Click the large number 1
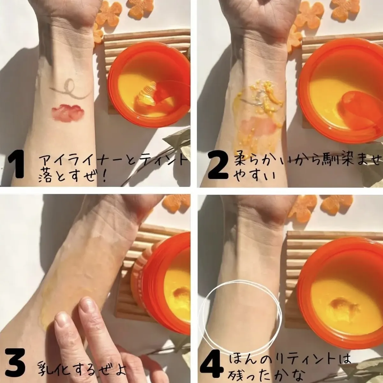(x=16, y=164)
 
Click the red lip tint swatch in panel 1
(x=68, y=113)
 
